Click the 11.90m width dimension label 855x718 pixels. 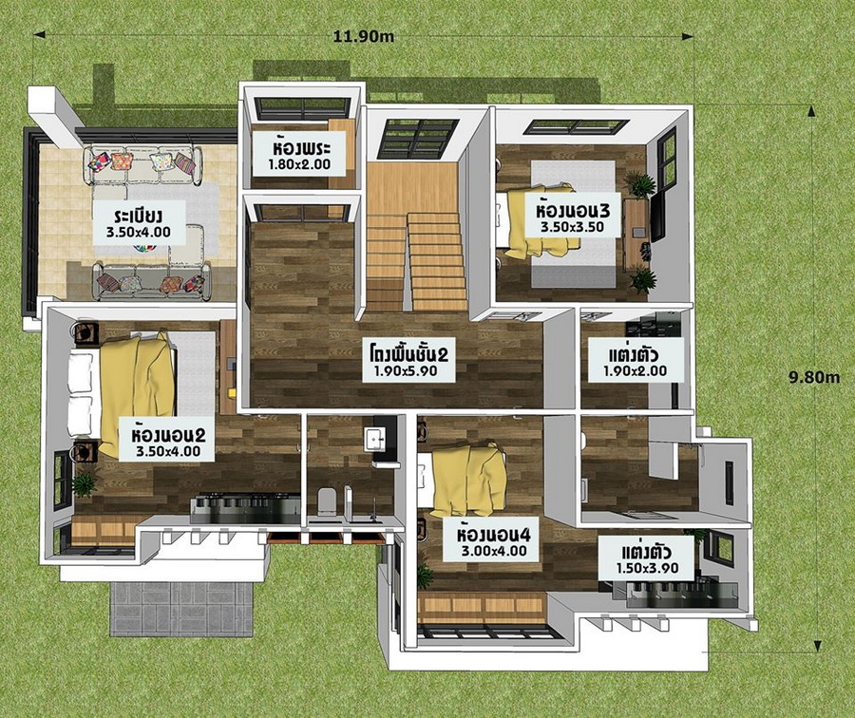364,36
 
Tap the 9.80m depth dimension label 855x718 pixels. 814,377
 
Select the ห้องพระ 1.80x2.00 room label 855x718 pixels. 299,156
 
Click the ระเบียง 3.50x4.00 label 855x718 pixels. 139,222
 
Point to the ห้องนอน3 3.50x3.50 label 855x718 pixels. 573,217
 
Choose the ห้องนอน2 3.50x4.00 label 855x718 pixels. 168,443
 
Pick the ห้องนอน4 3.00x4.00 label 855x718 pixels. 494,542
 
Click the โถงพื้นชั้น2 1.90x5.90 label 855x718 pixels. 408,362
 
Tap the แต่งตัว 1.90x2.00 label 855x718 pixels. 635,363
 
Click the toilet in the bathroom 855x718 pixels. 327,501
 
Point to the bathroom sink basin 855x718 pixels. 374,438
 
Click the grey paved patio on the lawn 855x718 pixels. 182,609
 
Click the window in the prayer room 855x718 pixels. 302,108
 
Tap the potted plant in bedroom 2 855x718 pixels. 84,484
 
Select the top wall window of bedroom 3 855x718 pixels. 576,127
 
